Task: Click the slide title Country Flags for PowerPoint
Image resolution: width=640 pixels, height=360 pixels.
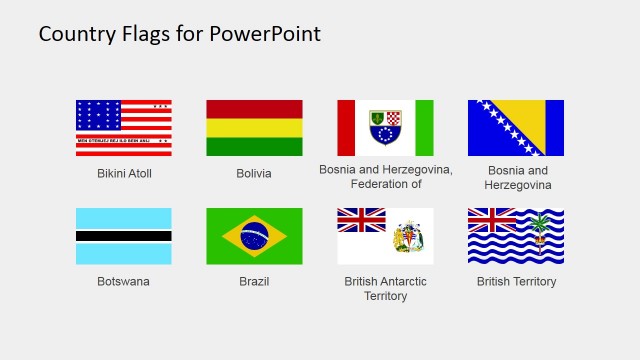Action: coord(180,34)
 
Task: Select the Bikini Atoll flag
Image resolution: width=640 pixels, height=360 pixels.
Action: coord(124,128)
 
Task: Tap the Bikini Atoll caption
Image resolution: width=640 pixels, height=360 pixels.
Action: coord(124,174)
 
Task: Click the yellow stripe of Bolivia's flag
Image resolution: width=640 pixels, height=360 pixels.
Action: coord(254,128)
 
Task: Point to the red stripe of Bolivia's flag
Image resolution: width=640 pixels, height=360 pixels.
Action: coord(254,109)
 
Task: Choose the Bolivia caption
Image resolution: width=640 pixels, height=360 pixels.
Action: coord(254,174)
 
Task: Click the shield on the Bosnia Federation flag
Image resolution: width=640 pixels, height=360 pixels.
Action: coord(385,128)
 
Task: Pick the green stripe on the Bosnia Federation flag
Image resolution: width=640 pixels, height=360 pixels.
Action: coord(424,128)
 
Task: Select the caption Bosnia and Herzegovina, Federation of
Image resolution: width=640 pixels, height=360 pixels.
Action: coord(385,177)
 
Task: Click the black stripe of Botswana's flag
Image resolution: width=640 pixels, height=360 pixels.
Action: coord(124,236)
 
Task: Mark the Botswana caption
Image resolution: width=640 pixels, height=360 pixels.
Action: coord(124,282)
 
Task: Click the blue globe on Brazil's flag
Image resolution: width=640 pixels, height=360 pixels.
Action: coord(254,236)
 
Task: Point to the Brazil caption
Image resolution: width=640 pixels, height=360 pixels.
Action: coord(254,282)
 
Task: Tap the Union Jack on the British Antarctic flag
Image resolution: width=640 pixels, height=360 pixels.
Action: coord(361,219)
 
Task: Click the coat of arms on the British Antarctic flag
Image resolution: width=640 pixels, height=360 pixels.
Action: coord(410,237)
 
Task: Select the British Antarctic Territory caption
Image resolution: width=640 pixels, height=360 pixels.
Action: coord(385,289)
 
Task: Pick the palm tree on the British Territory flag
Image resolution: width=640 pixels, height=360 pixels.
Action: coord(541,226)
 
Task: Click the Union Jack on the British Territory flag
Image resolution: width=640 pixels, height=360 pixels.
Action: coord(492,220)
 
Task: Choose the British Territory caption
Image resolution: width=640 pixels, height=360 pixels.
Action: coord(516,282)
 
